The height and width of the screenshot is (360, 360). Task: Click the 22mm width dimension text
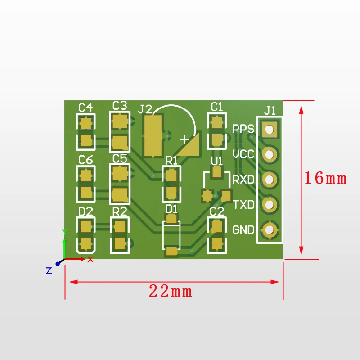(171, 291)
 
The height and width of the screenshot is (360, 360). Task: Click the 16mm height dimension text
(325, 178)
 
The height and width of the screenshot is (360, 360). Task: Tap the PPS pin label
(243, 129)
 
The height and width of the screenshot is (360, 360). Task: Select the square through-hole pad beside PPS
(270, 129)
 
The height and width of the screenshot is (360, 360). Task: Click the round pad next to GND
(270, 229)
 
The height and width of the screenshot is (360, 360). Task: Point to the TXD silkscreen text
(244, 204)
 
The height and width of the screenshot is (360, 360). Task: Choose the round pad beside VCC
(270, 154)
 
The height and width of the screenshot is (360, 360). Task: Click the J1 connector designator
(270, 111)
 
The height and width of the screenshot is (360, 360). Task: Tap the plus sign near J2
(184, 139)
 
